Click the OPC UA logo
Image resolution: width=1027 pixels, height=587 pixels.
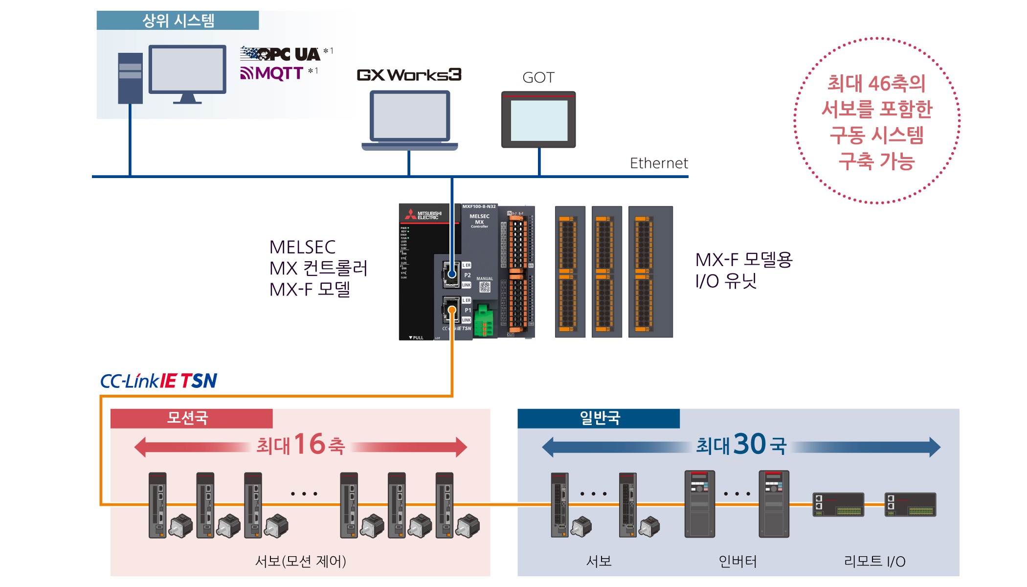click(x=281, y=54)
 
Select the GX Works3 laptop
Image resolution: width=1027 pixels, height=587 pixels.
click(x=409, y=120)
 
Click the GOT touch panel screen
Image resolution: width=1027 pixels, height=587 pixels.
click(x=538, y=120)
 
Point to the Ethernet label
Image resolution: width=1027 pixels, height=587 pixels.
click(x=658, y=163)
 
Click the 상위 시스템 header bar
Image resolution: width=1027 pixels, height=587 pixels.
click(x=178, y=21)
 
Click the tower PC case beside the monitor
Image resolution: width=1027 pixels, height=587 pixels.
click(x=130, y=78)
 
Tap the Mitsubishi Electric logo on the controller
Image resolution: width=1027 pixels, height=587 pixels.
click(x=424, y=215)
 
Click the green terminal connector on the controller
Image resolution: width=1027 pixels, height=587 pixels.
click(x=484, y=320)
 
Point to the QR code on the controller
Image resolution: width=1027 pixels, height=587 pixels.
click(x=485, y=287)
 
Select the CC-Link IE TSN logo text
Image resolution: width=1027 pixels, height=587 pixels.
click(x=158, y=381)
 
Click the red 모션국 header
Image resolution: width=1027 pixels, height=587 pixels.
click(x=191, y=418)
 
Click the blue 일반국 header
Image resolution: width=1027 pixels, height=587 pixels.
click(x=599, y=418)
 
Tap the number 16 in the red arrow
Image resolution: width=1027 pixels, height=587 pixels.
click(x=309, y=444)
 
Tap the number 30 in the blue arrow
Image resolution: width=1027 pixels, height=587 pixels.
click(x=749, y=444)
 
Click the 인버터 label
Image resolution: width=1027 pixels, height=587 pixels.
click(x=737, y=561)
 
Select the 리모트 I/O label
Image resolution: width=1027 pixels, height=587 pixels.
click(x=874, y=561)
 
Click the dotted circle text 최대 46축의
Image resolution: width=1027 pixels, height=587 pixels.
click(x=876, y=83)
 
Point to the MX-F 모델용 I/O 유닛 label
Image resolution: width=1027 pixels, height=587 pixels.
click(x=743, y=270)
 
